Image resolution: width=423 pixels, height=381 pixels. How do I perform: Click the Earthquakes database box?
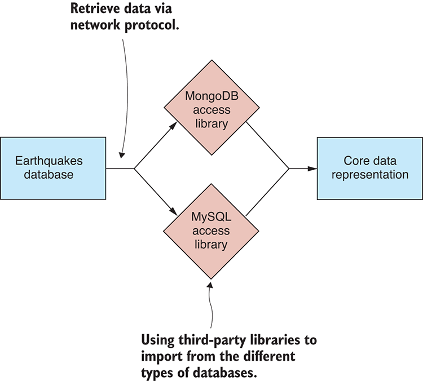tap(53, 168)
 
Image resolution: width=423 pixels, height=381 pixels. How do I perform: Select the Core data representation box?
tap(369, 168)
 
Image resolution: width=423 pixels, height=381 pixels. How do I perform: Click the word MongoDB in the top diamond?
tap(211, 96)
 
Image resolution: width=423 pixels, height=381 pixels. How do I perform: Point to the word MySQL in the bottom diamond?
tap(211, 217)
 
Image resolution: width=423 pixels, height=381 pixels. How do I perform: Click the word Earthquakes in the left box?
tap(50, 161)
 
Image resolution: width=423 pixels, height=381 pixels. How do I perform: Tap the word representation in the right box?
tap(369, 175)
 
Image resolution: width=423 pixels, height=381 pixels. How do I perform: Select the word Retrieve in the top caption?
tap(91, 10)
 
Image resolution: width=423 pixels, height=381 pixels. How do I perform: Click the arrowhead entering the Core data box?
tap(312, 168)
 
